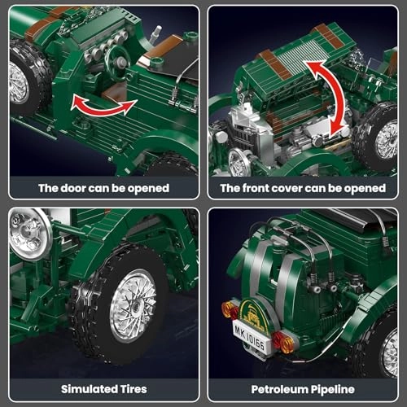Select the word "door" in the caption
(x=72, y=188)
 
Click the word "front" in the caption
(x=256, y=188)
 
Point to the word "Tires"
(x=133, y=389)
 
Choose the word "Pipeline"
(x=333, y=390)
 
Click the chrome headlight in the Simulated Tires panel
(x=28, y=233)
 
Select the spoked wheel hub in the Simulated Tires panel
(x=133, y=304)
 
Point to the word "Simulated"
(x=90, y=389)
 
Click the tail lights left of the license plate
(x=230, y=310)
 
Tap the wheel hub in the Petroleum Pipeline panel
(x=390, y=352)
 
